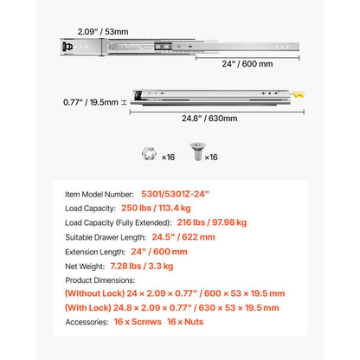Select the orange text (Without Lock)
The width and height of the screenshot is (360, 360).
pos(93,294)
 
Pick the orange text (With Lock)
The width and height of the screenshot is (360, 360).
pos(87,308)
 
